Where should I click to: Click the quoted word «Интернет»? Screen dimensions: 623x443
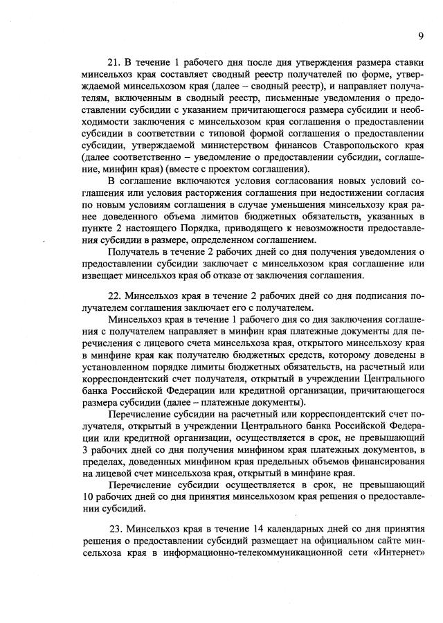coord(396,557)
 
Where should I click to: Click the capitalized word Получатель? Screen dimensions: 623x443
coord(134,252)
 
